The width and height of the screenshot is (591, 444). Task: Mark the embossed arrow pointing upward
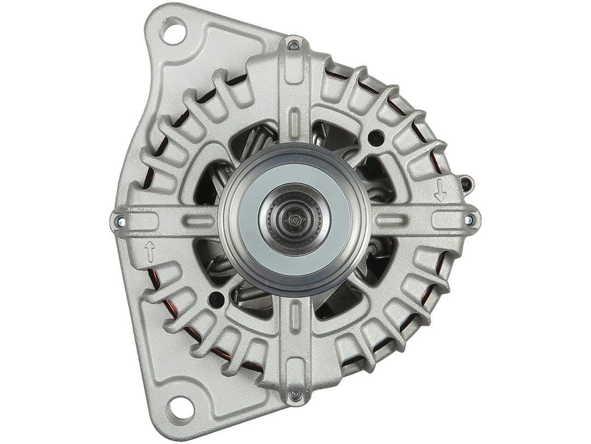click(x=149, y=253)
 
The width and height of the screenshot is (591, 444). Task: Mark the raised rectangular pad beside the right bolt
click(x=446, y=219)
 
